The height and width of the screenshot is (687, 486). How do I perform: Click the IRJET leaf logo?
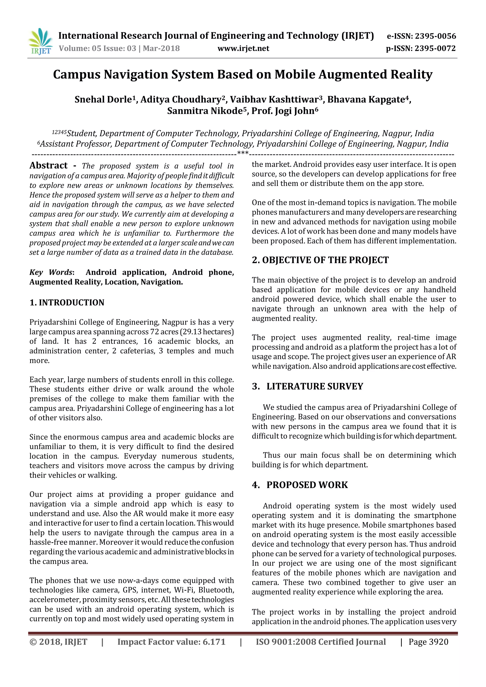[x=40, y=41]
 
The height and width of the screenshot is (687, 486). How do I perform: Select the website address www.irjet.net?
[x=243, y=48]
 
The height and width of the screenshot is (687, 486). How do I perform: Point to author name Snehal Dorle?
[x=103, y=99]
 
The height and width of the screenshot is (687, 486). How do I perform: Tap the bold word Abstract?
[x=48, y=166]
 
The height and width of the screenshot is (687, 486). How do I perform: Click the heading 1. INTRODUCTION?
[x=67, y=302]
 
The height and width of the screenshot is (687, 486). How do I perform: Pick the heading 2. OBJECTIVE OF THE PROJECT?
[x=320, y=260]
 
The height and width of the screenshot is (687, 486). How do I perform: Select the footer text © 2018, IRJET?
[x=58, y=642]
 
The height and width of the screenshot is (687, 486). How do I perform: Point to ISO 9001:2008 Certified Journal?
[x=321, y=642]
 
